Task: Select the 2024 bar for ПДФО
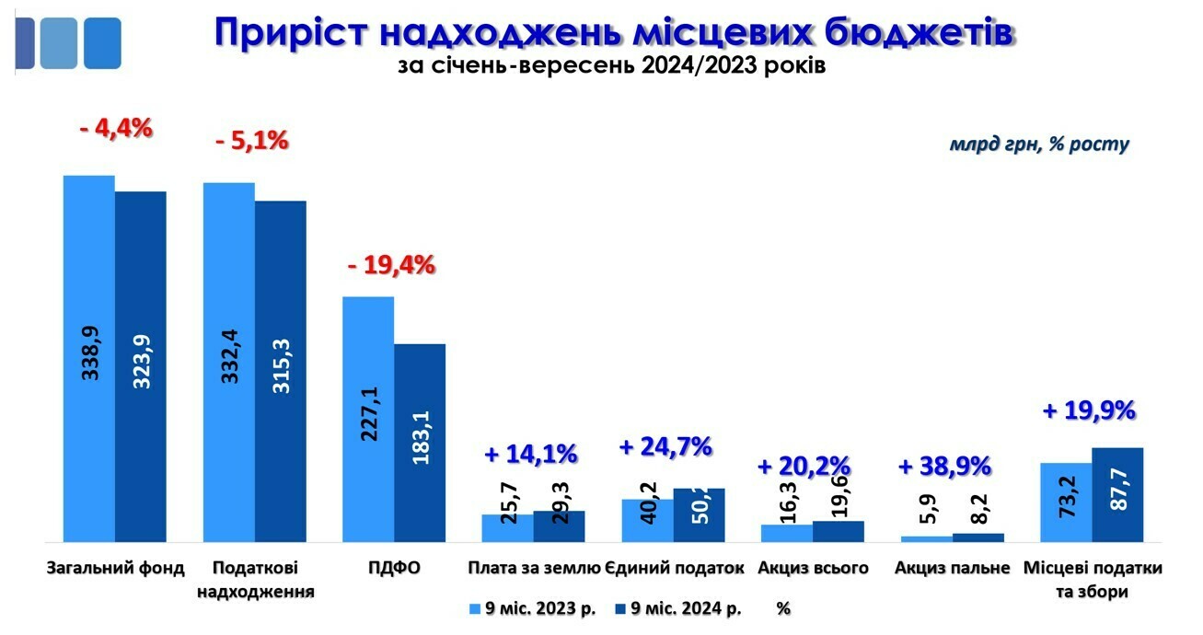tap(420, 443)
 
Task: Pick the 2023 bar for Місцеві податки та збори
tap(1066, 502)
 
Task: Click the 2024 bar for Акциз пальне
tap(978, 537)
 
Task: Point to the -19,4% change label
tap(390, 266)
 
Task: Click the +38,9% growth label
tap(944, 466)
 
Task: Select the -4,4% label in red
tap(115, 128)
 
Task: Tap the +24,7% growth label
tap(665, 447)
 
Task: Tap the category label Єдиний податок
tap(676, 568)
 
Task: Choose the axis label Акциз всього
tap(813, 568)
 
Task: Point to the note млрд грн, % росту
tap(1039, 144)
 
